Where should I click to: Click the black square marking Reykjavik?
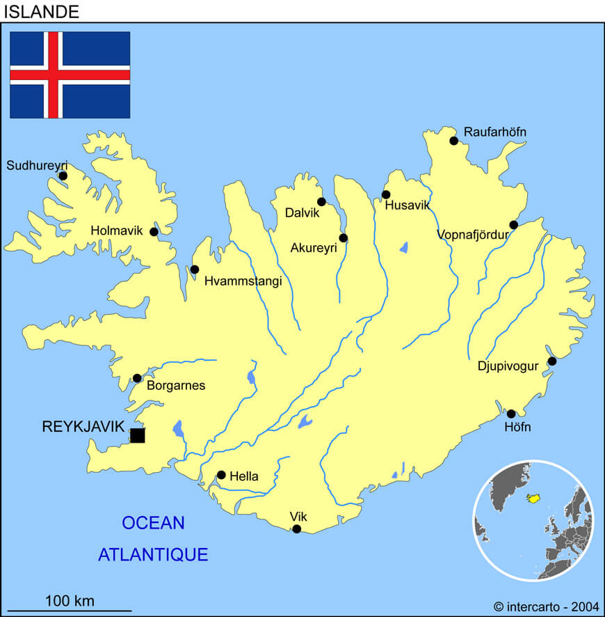tap(138, 435)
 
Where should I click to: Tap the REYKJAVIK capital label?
tap(83, 427)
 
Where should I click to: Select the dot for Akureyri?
tap(343, 238)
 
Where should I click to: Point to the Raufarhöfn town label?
tap(495, 132)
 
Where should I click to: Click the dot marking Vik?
tap(296, 529)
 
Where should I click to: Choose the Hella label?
tap(244, 477)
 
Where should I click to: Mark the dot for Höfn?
tap(510, 414)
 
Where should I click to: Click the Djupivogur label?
tap(508, 366)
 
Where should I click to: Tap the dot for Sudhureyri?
tap(63, 175)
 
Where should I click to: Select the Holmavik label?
tap(116, 231)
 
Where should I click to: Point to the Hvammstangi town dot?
tap(195, 270)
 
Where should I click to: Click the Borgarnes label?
tap(176, 386)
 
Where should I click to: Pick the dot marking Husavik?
tap(386, 194)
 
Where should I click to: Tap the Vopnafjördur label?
tap(473, 235)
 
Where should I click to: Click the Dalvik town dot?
tap(321, 202)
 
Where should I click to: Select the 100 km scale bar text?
tap(70, 600)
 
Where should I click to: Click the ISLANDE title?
tap(41, 11)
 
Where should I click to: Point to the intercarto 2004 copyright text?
tap(544, 607)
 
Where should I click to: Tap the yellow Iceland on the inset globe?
tap(535, 499)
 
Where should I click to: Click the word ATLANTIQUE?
tap(153, 554)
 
